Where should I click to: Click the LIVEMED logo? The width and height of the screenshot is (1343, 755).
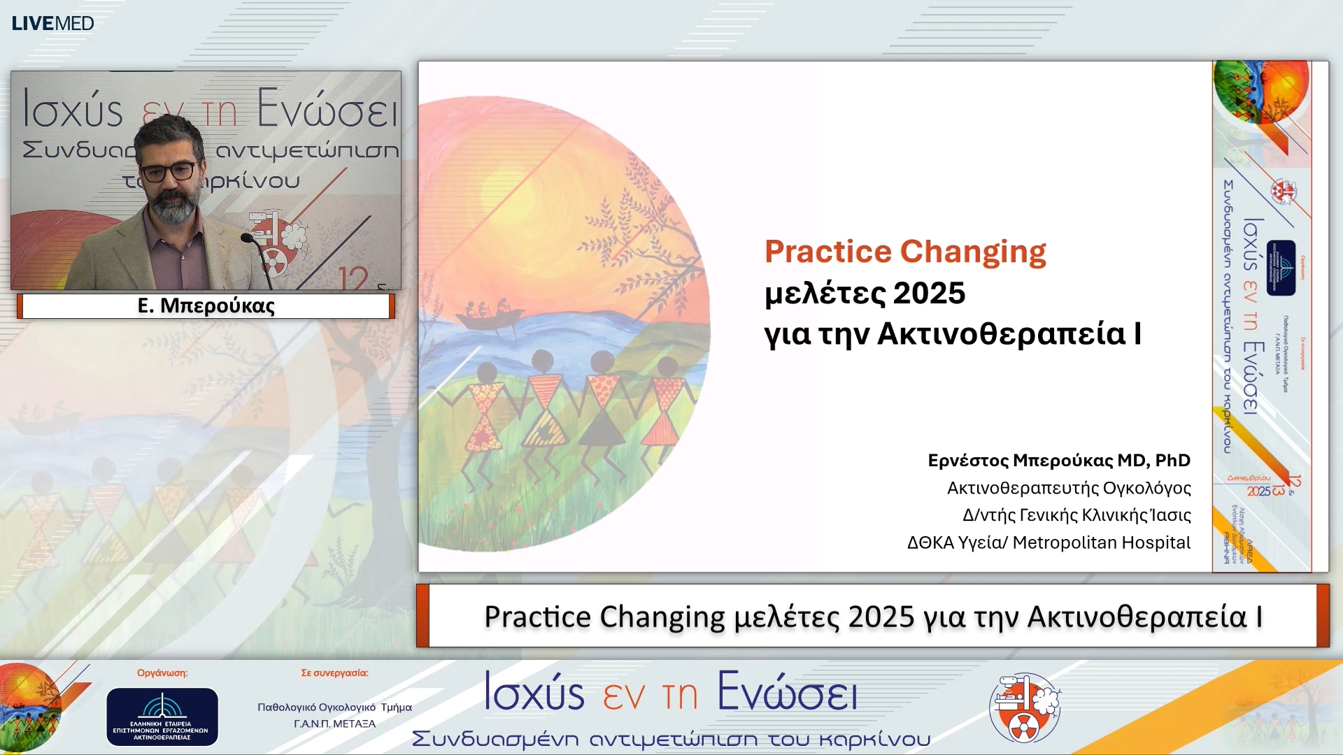click(x=52, y=23)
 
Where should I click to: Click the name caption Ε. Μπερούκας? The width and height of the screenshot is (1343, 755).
click(x=206, y=305)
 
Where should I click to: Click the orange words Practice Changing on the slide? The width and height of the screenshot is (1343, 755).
click(x=904, y=252)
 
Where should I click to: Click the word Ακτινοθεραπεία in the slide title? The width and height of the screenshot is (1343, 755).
click(x=1002, y=333)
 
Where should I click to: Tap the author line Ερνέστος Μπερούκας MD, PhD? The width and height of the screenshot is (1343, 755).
click(x=1058, y=461)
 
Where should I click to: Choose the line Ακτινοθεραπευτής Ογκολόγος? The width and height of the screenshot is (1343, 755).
click(x=1068, y=488)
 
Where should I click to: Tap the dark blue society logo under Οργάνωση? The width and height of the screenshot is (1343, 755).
click(x=162, y=717)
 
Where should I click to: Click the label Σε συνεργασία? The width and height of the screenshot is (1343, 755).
click(x=334, y=673)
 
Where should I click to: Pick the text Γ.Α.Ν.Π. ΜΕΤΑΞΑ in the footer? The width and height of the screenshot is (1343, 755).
click(x=334, y=724)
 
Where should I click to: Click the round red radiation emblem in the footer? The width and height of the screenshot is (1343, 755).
click(x=1025, y=707)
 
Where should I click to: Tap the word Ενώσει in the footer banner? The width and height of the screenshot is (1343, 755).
click(x=787, y=693)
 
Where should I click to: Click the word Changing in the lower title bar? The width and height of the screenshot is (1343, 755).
click(x=662, y=617)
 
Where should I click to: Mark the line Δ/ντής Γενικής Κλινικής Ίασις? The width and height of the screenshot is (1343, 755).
click(x=1076, y=515)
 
